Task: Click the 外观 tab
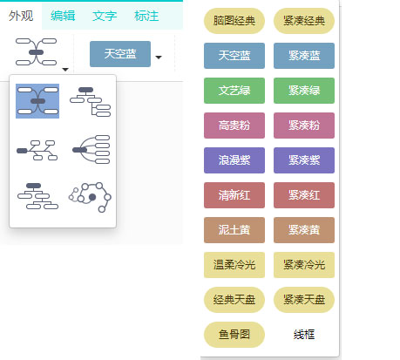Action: (21, 16)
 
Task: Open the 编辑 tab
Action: (63, 16)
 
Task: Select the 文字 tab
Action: (105, 16)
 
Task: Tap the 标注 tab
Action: (146, 16)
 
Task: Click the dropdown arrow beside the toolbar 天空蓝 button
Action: (159, 58)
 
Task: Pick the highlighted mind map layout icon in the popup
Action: (37, 101)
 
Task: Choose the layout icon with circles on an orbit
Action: (90, 197)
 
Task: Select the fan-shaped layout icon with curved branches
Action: (92, 149)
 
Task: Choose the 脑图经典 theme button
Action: (234, 21)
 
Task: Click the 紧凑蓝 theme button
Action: (304, 56)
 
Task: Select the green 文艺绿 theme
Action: (234, 91)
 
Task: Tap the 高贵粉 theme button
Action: (234, 126)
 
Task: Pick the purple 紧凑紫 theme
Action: (304, 160)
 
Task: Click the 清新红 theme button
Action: (234, 195)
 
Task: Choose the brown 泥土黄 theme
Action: (234, 230)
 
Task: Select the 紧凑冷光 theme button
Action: (304, 265)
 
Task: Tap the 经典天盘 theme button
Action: (234, 300)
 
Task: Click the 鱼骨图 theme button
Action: (234, 335)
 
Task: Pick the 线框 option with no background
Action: (304, 335)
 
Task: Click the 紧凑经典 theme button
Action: (304, 21)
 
